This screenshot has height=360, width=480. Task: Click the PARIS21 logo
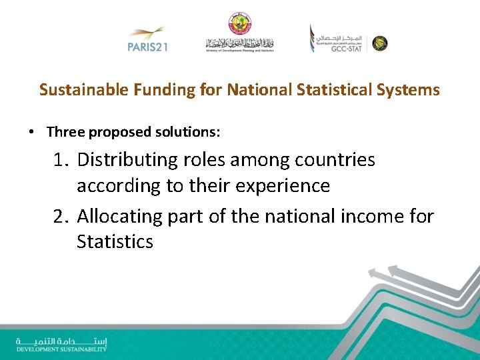tap(147, 40)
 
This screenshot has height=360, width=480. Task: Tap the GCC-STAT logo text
tap(345, 49)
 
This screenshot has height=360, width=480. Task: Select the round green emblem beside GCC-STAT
tap(379, 43)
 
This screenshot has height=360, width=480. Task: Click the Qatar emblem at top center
tap(239, 23)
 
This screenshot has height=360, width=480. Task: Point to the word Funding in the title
tap(164, 89)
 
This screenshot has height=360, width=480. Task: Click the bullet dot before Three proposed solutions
tap(32, 132)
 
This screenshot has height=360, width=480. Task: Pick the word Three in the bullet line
tap(66, 132)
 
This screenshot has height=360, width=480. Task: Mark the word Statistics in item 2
tap(115, 241)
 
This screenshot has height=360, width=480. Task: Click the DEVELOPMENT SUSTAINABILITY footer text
tap(61, 349)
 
